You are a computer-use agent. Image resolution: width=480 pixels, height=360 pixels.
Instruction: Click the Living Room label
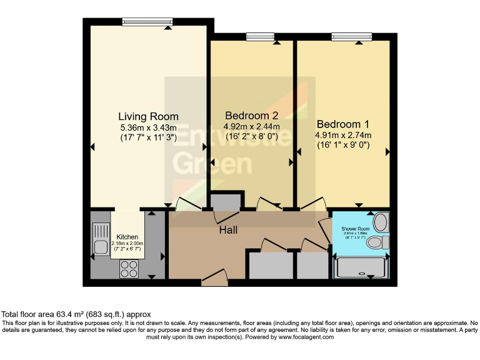point(148,116)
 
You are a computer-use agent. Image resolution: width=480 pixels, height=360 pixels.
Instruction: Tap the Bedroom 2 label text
point(251,116)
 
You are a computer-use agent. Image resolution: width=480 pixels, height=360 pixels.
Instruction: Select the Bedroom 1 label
point(343,124)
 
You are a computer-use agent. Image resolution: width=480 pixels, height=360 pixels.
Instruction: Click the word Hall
point(227,231)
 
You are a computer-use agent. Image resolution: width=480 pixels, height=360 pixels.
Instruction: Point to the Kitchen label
point(127,237)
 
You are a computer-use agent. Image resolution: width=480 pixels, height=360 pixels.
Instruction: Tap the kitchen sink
point(100,239)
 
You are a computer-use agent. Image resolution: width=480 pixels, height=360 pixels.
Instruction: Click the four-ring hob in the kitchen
point(129,269)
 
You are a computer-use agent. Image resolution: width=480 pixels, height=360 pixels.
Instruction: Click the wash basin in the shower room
point(380,222)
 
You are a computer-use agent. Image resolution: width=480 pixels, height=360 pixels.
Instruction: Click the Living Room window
point(147,22)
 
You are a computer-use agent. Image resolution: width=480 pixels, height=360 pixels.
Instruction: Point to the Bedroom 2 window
point(259,37)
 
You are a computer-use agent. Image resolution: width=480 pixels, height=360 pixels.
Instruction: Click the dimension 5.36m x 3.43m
point(148,127)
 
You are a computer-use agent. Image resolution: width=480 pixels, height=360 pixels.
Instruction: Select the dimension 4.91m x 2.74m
point(343,135)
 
